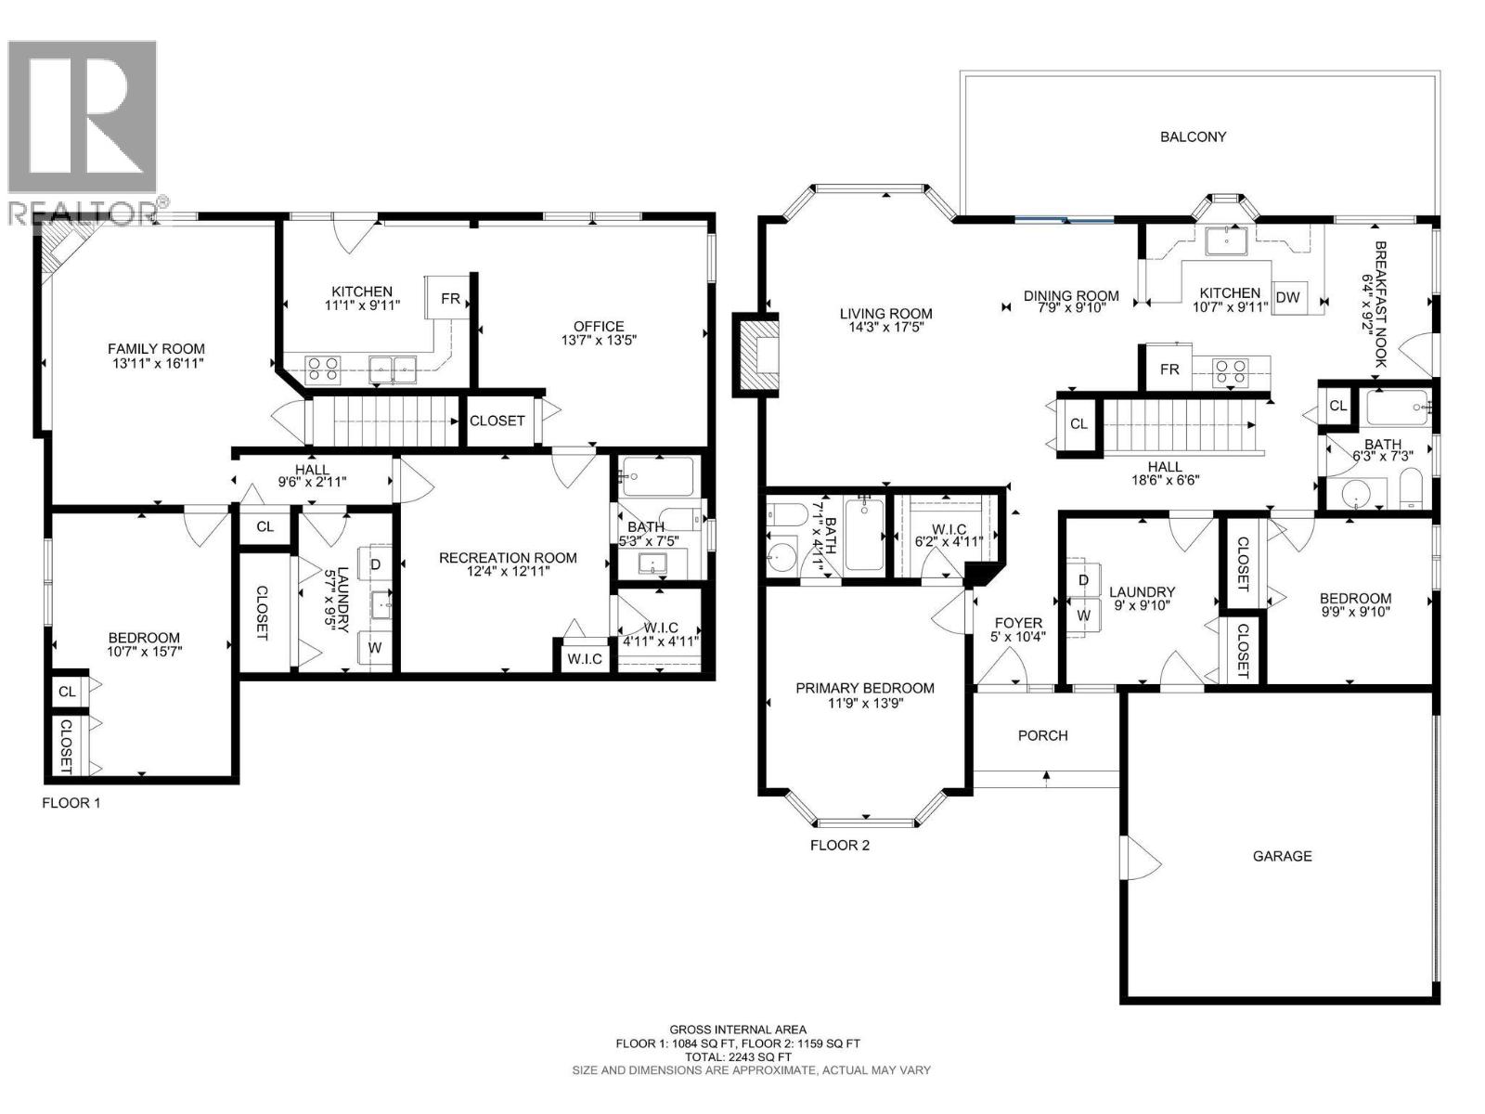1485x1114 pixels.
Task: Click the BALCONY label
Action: click(1193, 136)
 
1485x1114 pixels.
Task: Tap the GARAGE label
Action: click(1282, 856)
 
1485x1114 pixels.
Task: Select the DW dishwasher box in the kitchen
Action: click(1287, 297)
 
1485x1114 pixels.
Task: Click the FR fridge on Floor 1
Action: click(450, 298)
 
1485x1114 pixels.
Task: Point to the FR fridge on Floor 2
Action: click(1169, 369)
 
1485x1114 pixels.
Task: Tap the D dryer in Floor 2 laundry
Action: click(1083, 580)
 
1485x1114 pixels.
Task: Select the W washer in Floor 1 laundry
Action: click(375, 647)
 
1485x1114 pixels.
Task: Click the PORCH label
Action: click(1042, 735)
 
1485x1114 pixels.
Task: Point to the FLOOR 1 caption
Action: click(71, 802)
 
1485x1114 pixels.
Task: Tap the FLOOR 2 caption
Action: click(839, 845)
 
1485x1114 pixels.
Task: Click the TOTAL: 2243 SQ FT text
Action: click(738, 1056)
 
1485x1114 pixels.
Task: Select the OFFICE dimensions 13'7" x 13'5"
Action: click(599, 340)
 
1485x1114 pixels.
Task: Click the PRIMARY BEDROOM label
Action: click(864, 688)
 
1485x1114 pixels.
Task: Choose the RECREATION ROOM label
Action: click(508, 558)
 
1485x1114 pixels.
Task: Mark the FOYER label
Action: click(1018, 623)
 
